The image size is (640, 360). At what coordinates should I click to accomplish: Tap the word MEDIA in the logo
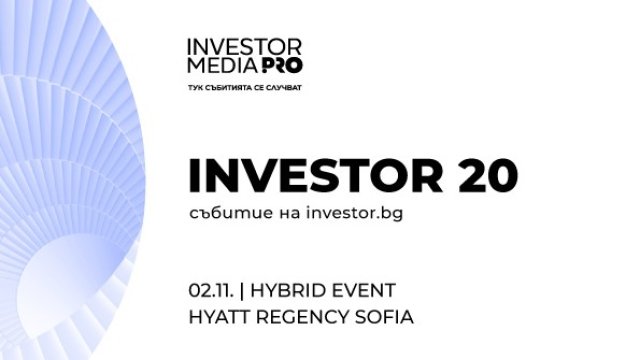[x=215, y=64]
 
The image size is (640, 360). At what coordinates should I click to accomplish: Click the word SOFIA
[x=385, y=318]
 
